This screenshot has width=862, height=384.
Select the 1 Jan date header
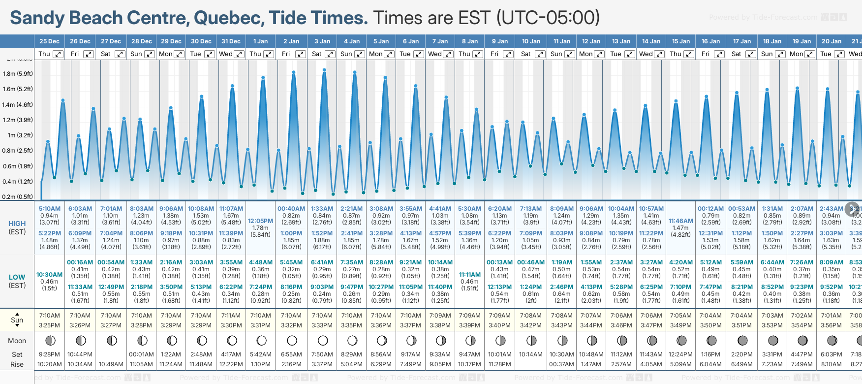[x=260, y=41]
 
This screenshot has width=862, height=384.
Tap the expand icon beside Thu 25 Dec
[x=58, y=54]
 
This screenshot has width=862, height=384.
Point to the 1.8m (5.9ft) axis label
[x=18, y=74]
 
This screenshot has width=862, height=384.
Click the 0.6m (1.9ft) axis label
[x=18, y=166]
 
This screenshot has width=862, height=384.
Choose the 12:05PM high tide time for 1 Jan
[x=260, y=221]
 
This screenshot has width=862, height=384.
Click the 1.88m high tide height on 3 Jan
[x=322, y=240]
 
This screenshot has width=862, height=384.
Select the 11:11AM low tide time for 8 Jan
[x=469, y=275]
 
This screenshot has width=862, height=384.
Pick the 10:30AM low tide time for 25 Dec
[x=50, y=275]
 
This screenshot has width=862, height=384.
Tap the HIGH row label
[x=17, y=224]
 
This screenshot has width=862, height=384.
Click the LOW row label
[x=17, y=277]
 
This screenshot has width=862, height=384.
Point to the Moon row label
[x=17, y=341]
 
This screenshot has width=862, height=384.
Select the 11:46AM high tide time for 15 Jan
[x=681, y=221]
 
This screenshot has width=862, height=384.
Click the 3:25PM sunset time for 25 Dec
[x=50, y=325]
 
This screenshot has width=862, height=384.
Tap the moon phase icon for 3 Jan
[x=323, y=340]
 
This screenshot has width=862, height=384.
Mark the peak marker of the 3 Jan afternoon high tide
[x=324, y=70]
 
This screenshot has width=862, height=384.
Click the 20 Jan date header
[x=831, y=41]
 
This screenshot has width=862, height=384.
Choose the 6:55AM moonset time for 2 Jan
[x=291, y=354]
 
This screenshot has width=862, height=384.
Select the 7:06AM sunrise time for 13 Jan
[x=621, y=316]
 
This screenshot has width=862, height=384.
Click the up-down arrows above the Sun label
[x=17, y=314]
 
